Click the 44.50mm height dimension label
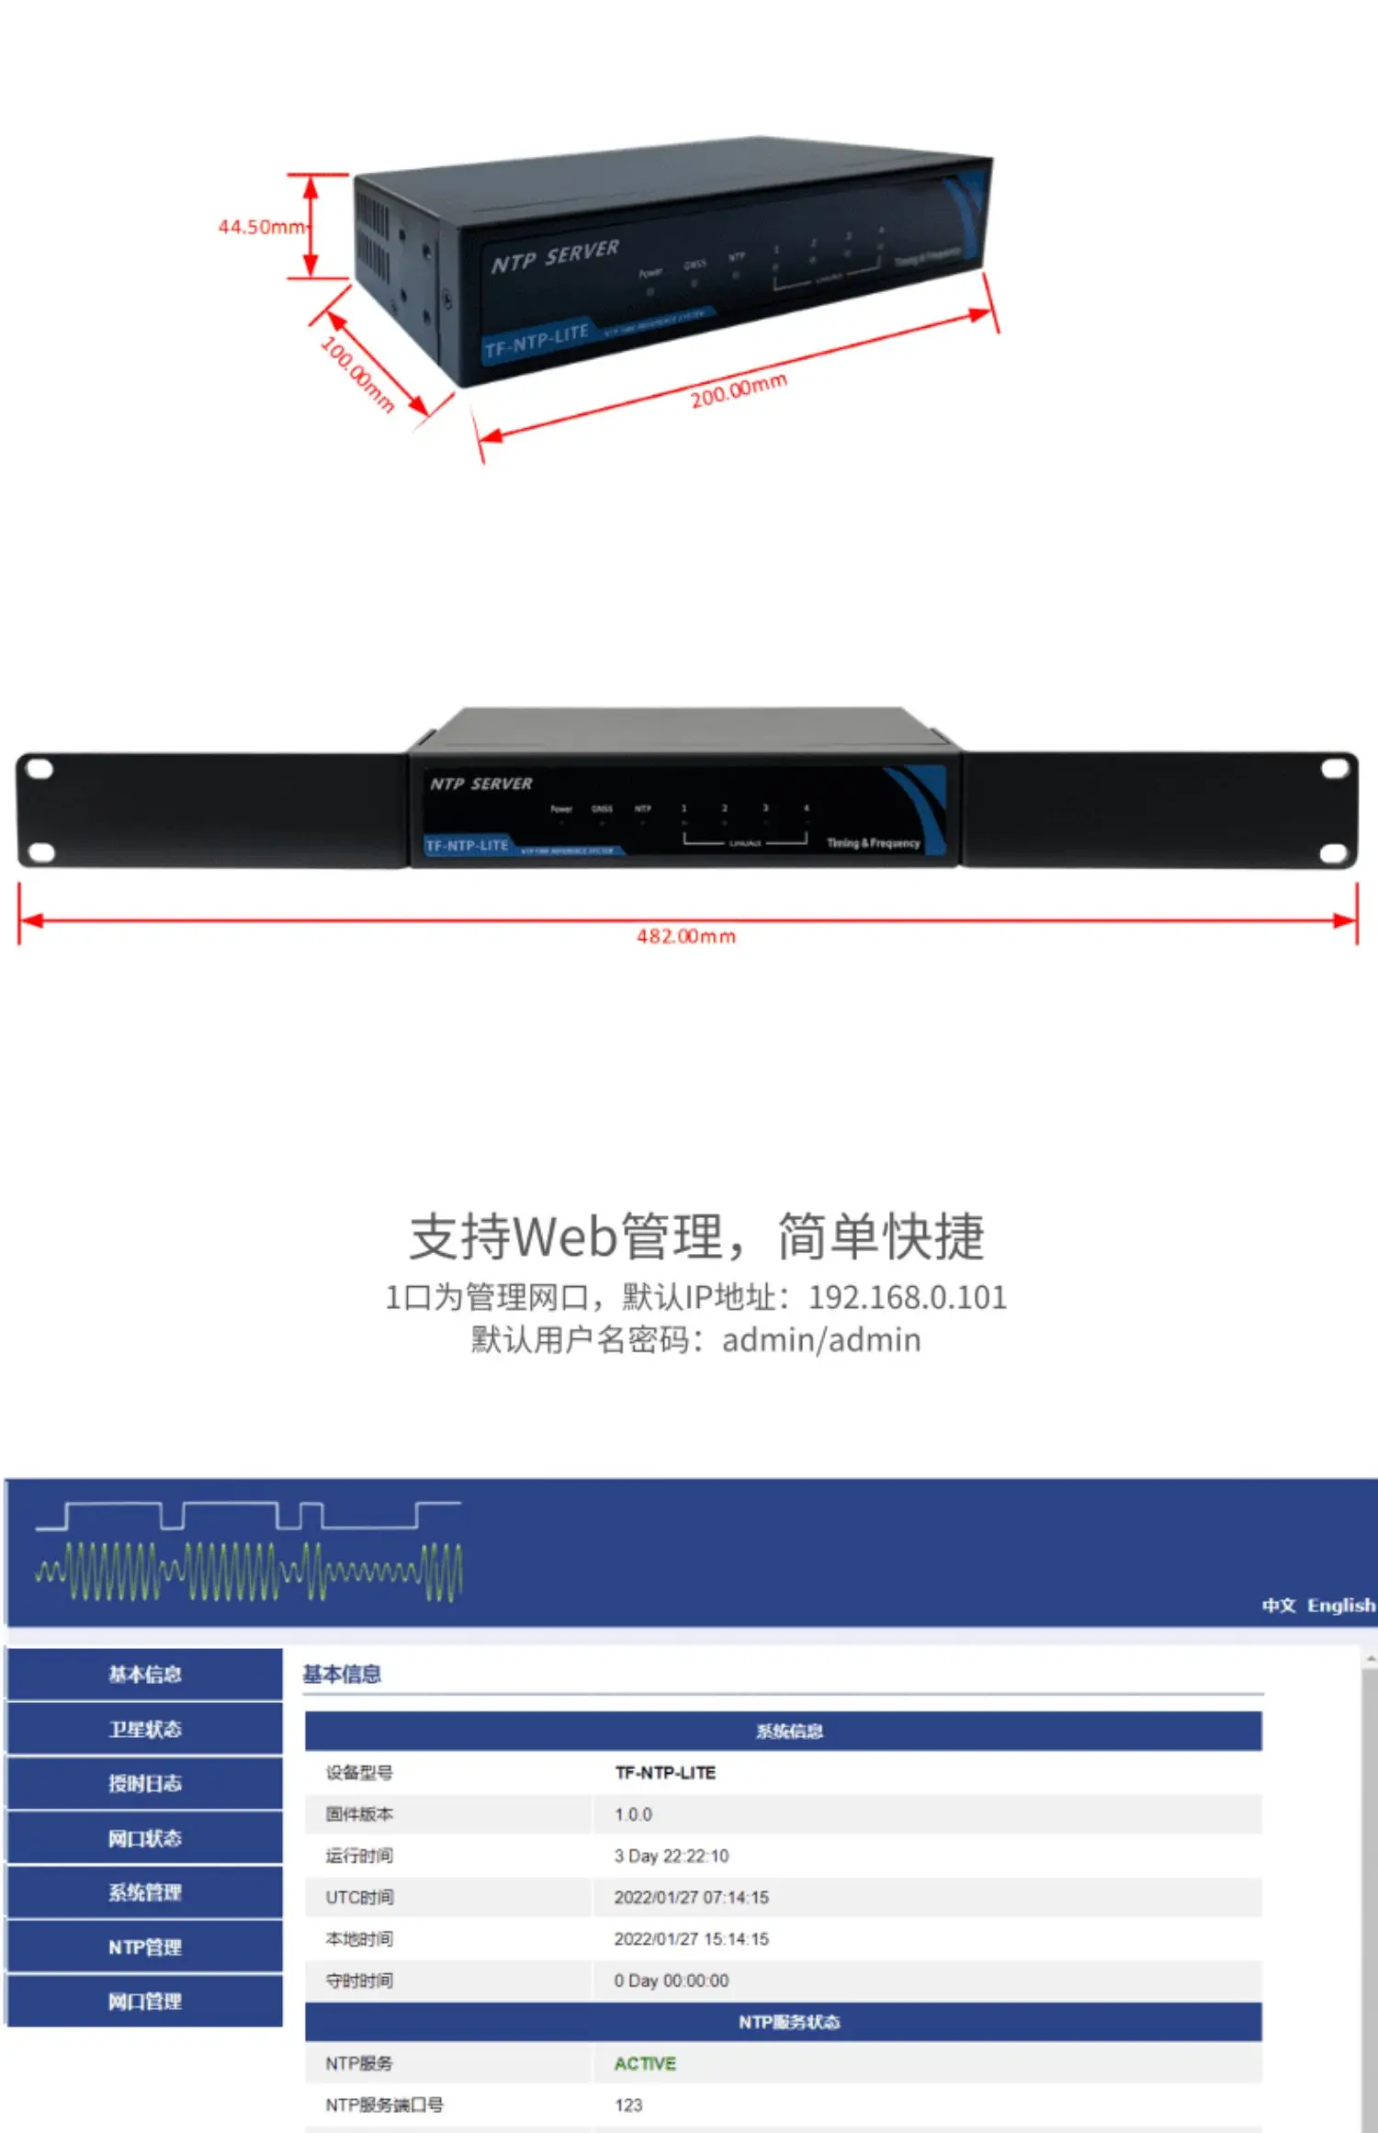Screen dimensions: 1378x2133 click(x=261, y=227)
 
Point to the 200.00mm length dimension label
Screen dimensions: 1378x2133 click(x=739, y=389)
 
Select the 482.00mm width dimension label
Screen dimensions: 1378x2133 click(x=686, y=936)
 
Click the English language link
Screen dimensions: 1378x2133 click(x=1341, y=1605)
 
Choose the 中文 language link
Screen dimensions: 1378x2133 click(x=1278, y=1605)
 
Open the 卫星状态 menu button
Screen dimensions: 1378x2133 click(x=145, y=1729)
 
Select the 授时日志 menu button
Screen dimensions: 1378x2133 click(x=145, y=1783)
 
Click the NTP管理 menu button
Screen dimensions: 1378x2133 click(x=145, y=1947)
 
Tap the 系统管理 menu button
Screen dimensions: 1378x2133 click(x=145, y=1892)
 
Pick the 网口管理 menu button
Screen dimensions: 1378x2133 click(x=145, y=2001)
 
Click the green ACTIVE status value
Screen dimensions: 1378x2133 click(x=645, y=2063)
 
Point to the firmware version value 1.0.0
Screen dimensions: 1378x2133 click(x=633, y=1814)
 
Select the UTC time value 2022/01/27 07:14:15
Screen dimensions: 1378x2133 click(x=691, y=1897)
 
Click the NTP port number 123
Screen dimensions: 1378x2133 click(x=628, y=2105)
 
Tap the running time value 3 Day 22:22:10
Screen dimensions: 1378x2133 click(x=671, y=1856)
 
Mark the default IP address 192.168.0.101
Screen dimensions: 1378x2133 click(x=907, y=1297)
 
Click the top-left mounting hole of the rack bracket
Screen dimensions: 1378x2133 click(x=40, y=769)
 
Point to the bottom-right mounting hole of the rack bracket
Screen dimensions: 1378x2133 click(x=1333, y=854)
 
